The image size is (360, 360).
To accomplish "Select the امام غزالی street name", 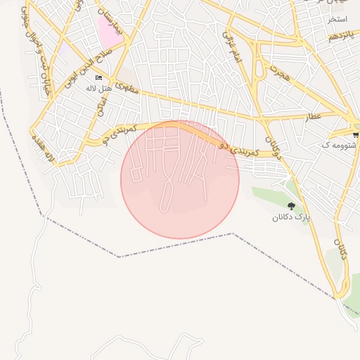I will [x=232, y=48].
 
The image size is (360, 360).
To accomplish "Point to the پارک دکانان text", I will [x=291, y=219].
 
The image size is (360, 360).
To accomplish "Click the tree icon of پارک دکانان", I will [x=291, y=206].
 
